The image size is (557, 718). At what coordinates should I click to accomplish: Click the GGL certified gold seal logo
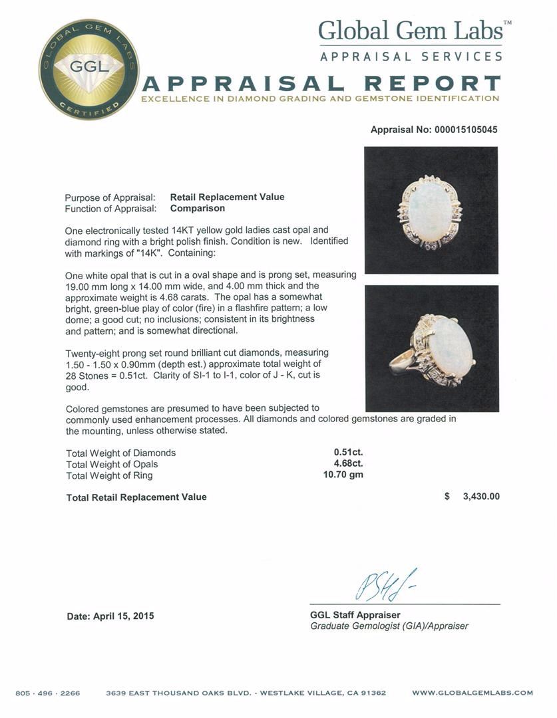89,70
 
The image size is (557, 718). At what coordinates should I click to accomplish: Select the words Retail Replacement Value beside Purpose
227,197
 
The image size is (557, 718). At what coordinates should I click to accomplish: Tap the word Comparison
198,208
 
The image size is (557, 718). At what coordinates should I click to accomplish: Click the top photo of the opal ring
431,210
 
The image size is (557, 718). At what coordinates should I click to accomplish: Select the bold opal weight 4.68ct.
348,464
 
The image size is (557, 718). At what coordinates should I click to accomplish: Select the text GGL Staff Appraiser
355,615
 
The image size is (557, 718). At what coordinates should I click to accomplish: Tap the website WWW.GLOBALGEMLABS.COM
472,693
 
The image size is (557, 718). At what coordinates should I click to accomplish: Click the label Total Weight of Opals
112,464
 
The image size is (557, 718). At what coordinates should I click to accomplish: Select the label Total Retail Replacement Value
136,497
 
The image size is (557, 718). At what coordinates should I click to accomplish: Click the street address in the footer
246,693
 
